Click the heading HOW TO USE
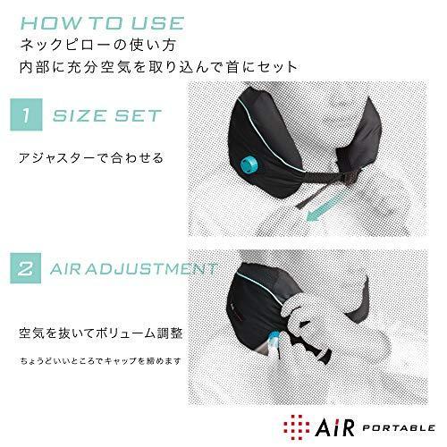(x=109, y=20)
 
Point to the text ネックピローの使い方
(x=118, y=43)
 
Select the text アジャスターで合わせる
(x=92, y=158)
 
